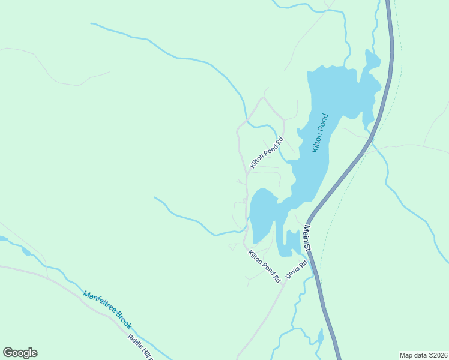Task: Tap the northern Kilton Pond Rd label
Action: click(266, 152)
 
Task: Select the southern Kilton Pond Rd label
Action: click(264, 266)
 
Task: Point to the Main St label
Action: click(307, 238)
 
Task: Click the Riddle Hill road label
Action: click(140, 347)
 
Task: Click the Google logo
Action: click(20, 353)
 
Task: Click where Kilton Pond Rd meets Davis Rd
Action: click(283, 284)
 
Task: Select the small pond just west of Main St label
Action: click(292, 241)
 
